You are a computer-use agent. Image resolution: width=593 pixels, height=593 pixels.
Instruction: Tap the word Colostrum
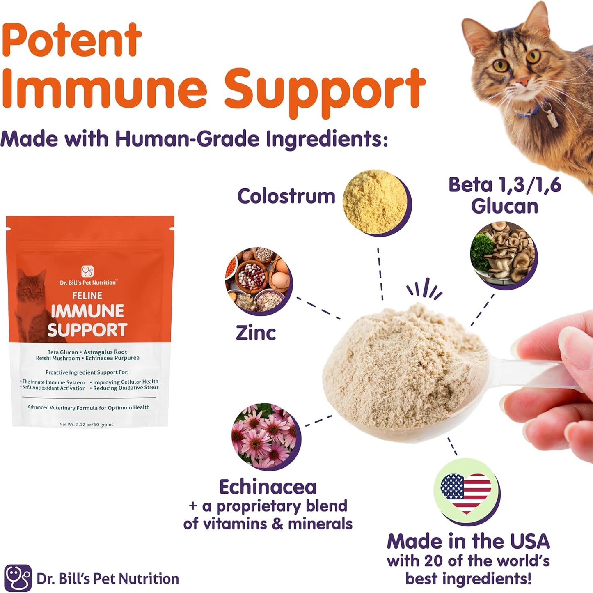tap(286, 196)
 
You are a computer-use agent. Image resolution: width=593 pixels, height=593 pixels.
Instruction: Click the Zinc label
tap(256, 333)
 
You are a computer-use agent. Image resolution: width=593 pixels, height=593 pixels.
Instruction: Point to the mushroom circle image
tap(503, 254)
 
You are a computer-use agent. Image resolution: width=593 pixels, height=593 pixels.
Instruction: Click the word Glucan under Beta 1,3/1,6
tap(504, 206)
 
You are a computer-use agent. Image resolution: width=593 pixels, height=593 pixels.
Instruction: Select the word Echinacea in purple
tap(268, 487)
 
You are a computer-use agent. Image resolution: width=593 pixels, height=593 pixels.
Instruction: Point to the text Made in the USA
tap(468, 541)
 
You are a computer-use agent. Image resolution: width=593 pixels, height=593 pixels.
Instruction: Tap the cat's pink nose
tap(522, 81)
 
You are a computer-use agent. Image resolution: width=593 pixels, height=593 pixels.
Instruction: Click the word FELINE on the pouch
tap(87, 296)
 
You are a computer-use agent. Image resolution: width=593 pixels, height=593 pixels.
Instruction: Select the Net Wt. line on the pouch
tap(86, 425)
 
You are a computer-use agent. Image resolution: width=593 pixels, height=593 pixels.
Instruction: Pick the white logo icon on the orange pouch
tap(87, 271)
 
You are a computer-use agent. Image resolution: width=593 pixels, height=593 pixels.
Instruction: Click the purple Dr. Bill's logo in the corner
tap(18, 578)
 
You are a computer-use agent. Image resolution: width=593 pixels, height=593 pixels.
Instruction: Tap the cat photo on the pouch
tap(33, 304)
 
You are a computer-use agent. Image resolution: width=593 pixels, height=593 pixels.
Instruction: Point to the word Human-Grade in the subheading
tap(187, 139)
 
